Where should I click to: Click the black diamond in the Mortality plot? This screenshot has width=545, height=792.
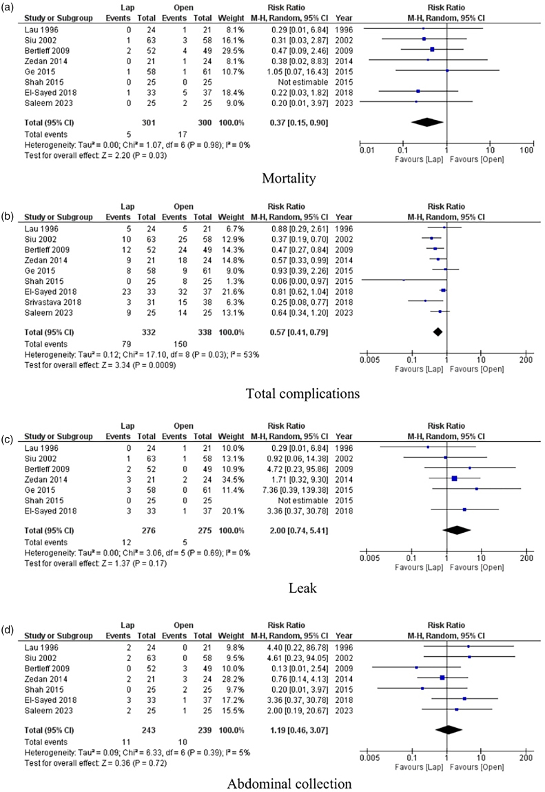(427, 121)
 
